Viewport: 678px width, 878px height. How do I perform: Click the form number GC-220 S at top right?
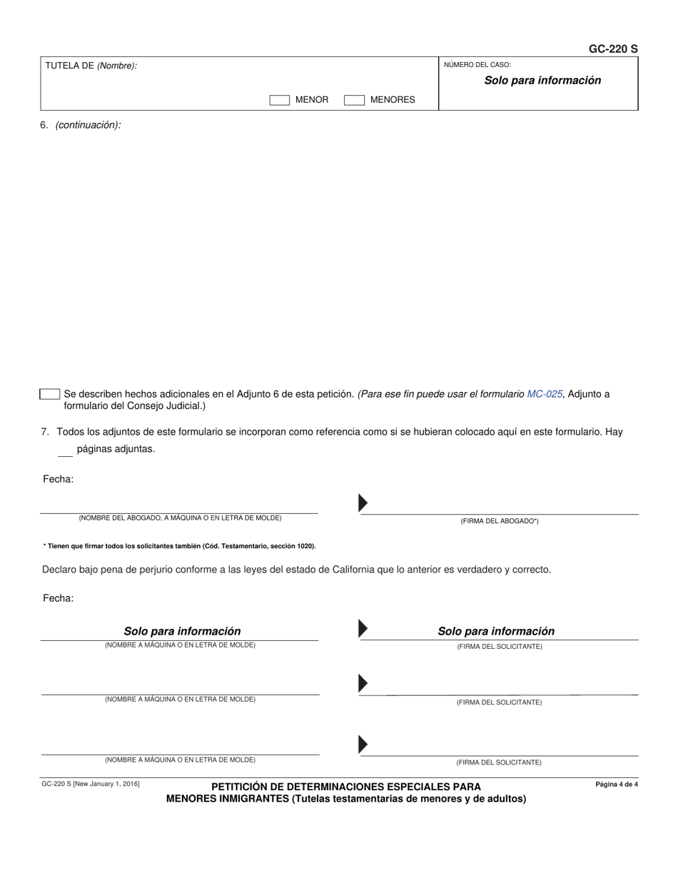(x=612, y=49)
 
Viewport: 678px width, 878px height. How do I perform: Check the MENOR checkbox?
(x=279, y=100)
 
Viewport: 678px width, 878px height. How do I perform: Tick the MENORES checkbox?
(x=354, y=100)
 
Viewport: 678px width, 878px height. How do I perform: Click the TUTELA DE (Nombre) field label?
(x=91, y=66)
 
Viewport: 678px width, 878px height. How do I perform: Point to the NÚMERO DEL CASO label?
(x=477, y=65)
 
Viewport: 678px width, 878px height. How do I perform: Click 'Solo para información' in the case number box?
(x=542, y=81)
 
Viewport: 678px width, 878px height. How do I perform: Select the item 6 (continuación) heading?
(x=81, y=125)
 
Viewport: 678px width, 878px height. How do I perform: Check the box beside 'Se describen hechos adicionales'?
(x=50, y=394)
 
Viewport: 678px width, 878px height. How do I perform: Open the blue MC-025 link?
(x=545, y=394)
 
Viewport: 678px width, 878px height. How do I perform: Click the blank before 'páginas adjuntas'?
(x=65, y=450)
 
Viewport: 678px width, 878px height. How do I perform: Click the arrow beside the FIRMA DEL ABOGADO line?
(x=363, y=503)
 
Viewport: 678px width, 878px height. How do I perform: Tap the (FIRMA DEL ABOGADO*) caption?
(x=500, y=521)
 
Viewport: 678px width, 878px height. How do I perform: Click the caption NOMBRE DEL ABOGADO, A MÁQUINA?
(x=180, y=518)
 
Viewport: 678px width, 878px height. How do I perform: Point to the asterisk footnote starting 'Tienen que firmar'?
(x=179, y=546)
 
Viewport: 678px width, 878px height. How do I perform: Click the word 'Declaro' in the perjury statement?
(x=60, y=570)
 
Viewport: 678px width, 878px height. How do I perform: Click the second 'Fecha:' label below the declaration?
(x=58, y=598)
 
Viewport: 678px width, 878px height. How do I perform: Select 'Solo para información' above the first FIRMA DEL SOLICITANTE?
(x=496, y=631)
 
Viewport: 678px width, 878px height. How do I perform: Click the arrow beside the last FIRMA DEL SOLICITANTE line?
(x=363, y=745)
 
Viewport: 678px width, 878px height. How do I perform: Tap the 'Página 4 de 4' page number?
(x=617, y=784)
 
